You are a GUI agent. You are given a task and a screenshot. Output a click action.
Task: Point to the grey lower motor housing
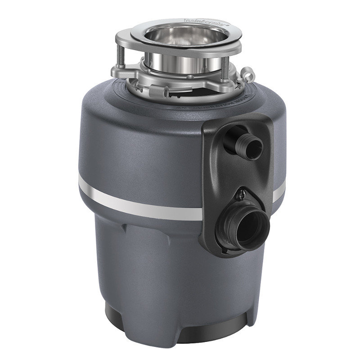click(148, 261)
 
